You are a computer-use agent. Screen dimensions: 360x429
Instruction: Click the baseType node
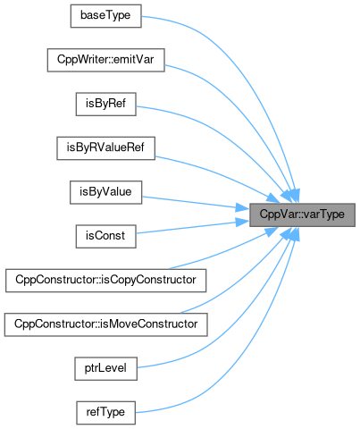click(105, 16)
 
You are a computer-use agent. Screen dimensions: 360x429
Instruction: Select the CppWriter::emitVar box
click(105, 60)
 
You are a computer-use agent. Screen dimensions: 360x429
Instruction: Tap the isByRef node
click(105, 105)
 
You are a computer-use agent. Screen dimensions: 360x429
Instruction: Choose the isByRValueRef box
click(105, 148)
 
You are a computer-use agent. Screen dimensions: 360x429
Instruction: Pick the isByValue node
click(105, 192)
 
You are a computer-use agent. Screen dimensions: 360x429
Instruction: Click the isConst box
click(105, 237)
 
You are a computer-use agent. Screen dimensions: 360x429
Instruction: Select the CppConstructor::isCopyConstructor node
click(105, 281)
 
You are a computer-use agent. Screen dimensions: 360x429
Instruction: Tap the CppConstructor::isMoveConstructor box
click(105, 324)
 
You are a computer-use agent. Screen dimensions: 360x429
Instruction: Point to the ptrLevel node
click(105, 369)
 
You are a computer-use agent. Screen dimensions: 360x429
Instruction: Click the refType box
click(105, 413)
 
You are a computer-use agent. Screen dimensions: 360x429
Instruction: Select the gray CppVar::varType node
click(302, 214)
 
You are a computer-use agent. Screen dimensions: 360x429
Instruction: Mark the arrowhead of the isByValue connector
click(243, 207)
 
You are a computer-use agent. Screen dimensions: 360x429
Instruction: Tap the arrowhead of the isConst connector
click(243, 222)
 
